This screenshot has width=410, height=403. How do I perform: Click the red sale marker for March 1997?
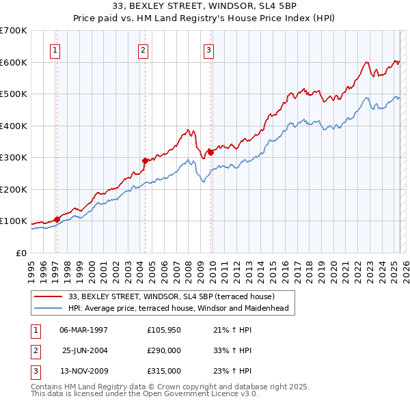[x=57, y=219]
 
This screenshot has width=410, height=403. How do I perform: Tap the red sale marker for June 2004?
[x=145, y=161]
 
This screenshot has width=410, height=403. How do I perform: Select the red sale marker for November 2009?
[x=210, y=152]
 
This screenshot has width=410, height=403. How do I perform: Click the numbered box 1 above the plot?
[x=54, y=49]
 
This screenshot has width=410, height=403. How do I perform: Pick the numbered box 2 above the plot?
[x=142, y=49]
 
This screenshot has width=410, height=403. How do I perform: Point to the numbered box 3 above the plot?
[x=208, y=49]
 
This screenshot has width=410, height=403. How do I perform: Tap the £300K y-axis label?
[x=14, y=157]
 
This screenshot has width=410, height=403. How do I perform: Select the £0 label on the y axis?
[x=20, y=253]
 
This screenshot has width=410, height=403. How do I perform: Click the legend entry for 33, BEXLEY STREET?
[x=171, y=296]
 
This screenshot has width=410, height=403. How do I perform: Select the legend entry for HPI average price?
[x=178, y=308]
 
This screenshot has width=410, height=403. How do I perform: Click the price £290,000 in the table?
[x=164, y=350]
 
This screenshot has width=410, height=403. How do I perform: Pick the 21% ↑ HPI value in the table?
[x=232, y=330]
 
